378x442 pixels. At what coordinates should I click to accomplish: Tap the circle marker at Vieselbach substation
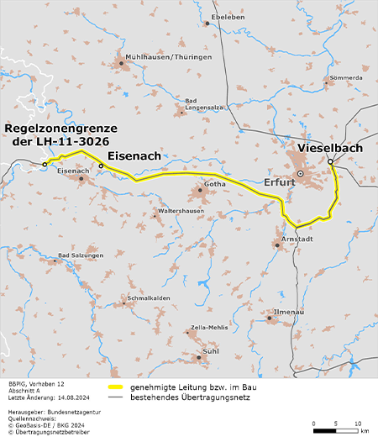331,161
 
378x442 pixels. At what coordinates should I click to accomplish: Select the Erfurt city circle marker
299,174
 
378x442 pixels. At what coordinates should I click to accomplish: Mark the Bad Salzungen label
81,255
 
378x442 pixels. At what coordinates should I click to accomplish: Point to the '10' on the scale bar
357,423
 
